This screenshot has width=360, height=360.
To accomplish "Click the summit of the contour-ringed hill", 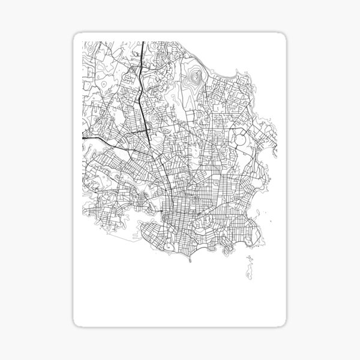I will (194, 77).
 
